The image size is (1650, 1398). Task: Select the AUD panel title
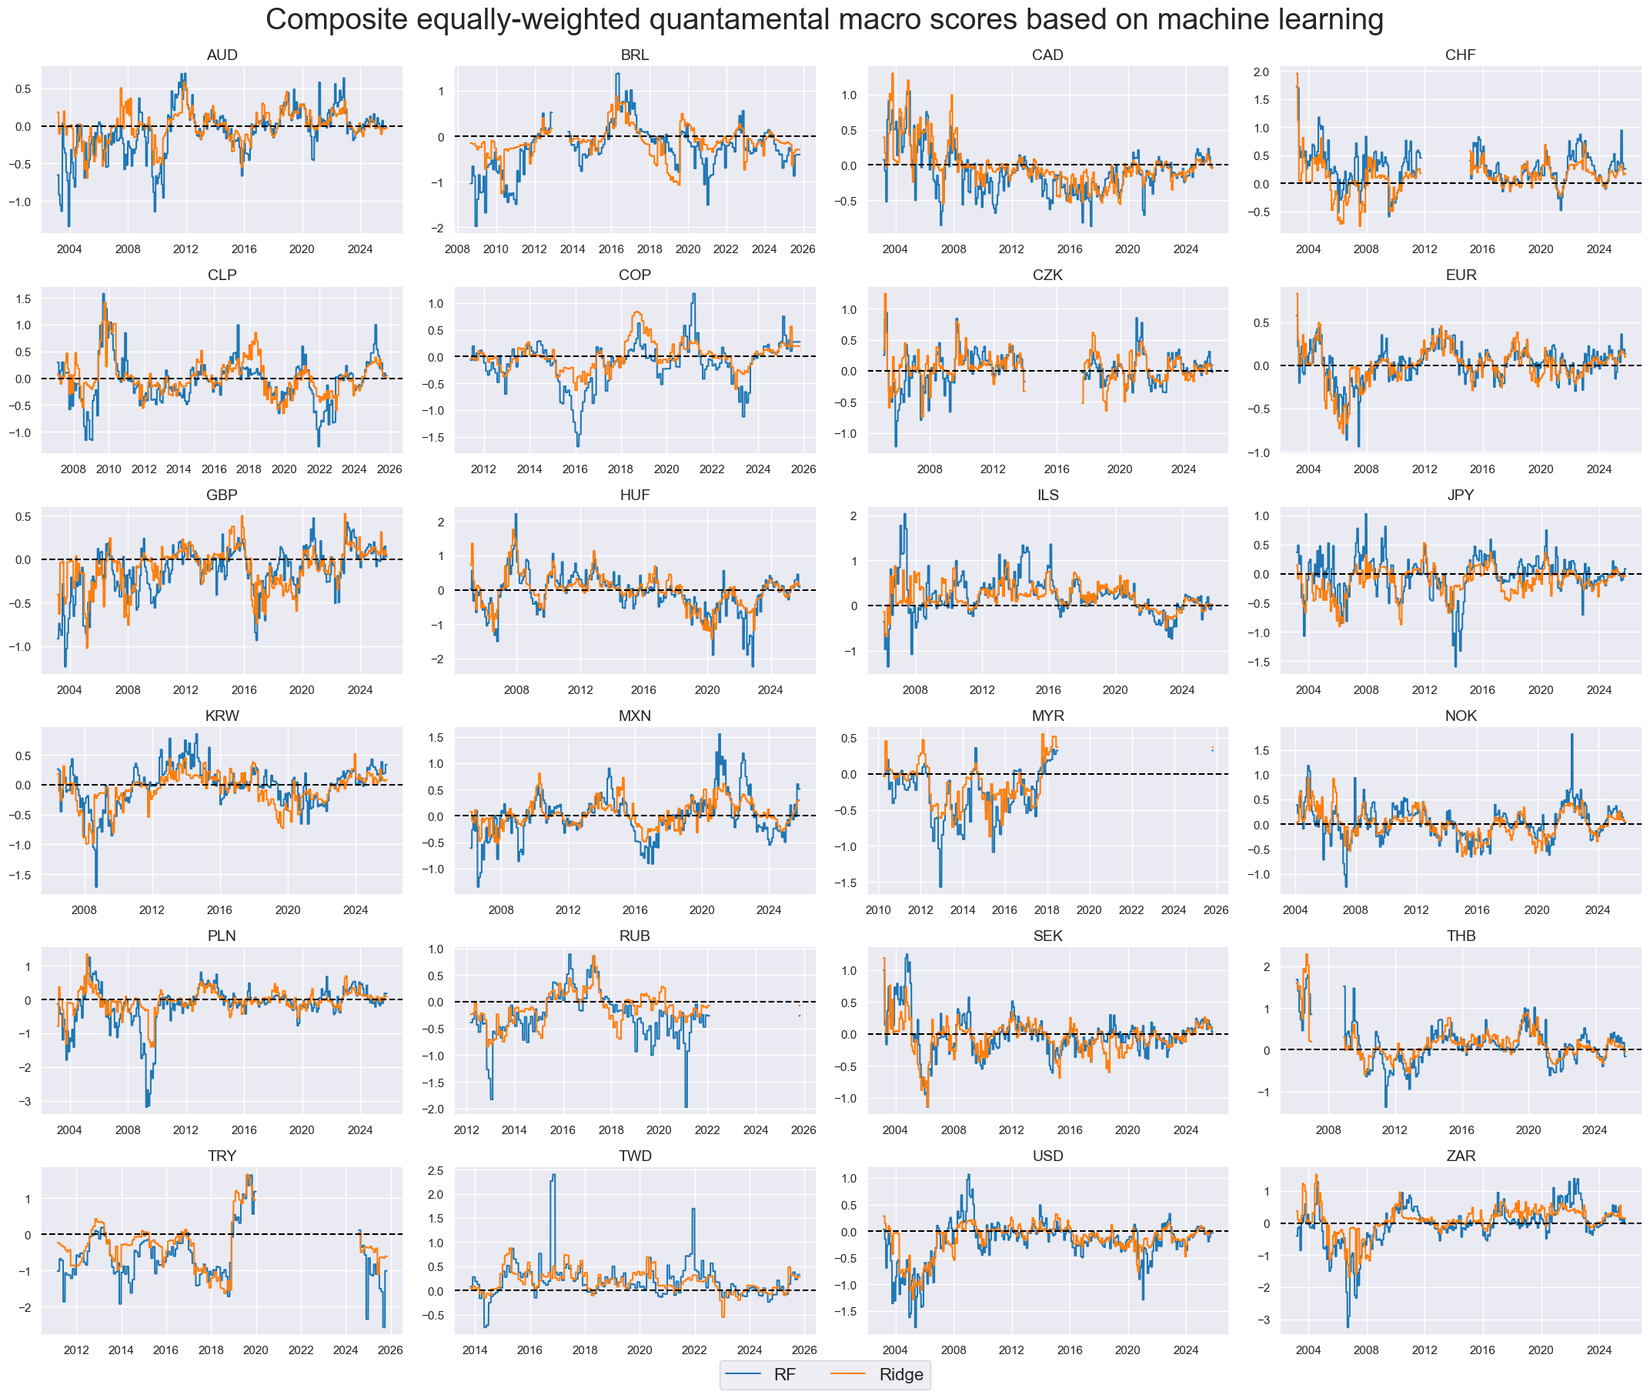coord(222,55)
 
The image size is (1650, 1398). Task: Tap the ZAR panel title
coord(1460,1156)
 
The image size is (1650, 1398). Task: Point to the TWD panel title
coord(635,1156)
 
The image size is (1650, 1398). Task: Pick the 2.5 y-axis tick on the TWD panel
coord(436,1170)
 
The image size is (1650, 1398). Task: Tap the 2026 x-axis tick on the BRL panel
coord(802,249)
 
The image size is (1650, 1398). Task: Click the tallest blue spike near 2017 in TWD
coord(553,1176)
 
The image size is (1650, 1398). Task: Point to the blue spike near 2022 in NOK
coord(1572,735)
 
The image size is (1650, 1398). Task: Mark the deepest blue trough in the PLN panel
coord(148,1106)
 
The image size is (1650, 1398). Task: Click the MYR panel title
coord(1047,716)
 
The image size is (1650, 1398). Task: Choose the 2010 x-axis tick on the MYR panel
coord(878,909)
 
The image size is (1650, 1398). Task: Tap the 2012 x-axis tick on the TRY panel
coord(76,1350)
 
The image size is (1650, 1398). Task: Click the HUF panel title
coord(635,495)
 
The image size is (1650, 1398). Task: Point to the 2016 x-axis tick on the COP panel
coord(575,469)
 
